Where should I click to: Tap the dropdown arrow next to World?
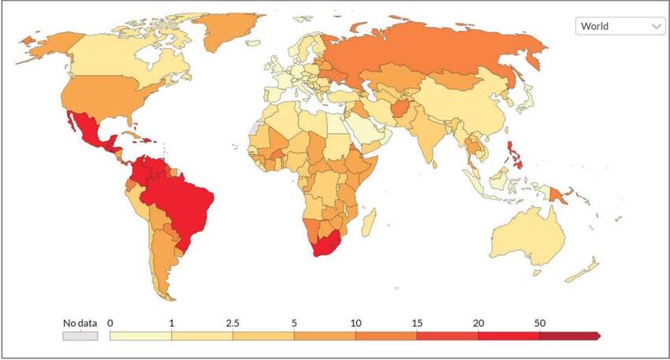[x=657, y=26]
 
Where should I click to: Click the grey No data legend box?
[x=80, y=336]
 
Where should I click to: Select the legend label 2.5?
[x=233, y=322]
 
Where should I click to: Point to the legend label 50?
[x=539, y=322]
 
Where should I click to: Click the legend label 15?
[x=416, y=322]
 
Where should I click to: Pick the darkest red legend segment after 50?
[x=569, y=336]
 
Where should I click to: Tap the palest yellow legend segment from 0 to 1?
[x=140, y=336]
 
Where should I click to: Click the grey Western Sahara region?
[x=253, y=128]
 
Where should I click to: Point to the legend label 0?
[x=110, y=322]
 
